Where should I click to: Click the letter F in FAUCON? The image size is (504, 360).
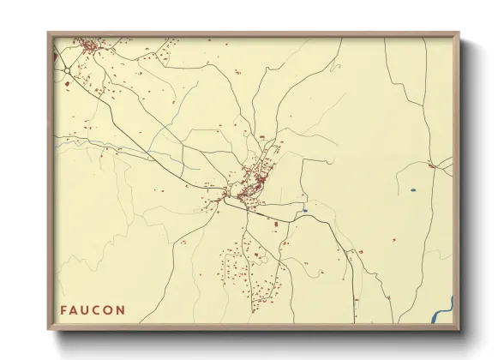[63, 309]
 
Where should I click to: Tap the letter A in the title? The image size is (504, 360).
[75, 309]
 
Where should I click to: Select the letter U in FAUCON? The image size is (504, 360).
[87, 309]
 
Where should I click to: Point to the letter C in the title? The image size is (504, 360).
[99, 309]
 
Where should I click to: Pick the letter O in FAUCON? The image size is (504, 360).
[110, 309]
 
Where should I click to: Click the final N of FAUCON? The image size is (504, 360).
[122, 309]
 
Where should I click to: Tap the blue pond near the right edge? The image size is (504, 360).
[413, 189]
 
